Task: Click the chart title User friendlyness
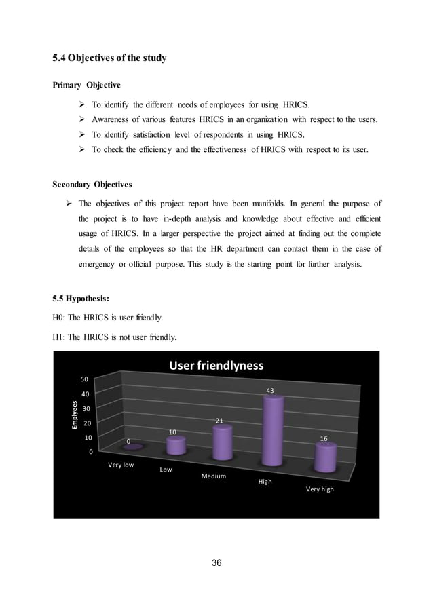[216, 366]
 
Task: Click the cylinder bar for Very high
[324, 458]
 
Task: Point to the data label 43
[269, 391]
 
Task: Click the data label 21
[220, 421]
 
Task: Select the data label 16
[324, 439]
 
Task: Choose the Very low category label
[121, 465]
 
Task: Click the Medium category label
[213, 476]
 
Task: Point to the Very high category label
[320, 489]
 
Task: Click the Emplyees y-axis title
[68, 414]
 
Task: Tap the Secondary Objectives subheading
[93, 183]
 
